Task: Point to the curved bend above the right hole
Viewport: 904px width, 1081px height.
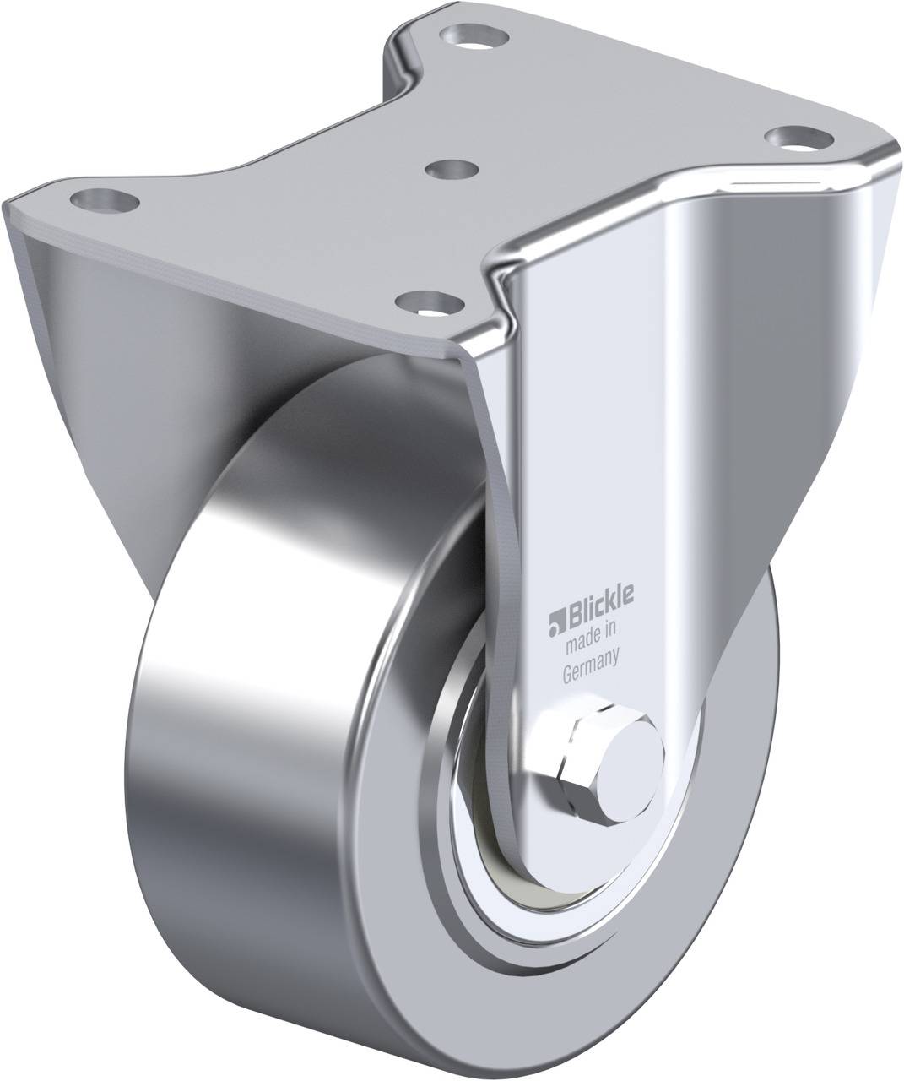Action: [844, 169]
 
